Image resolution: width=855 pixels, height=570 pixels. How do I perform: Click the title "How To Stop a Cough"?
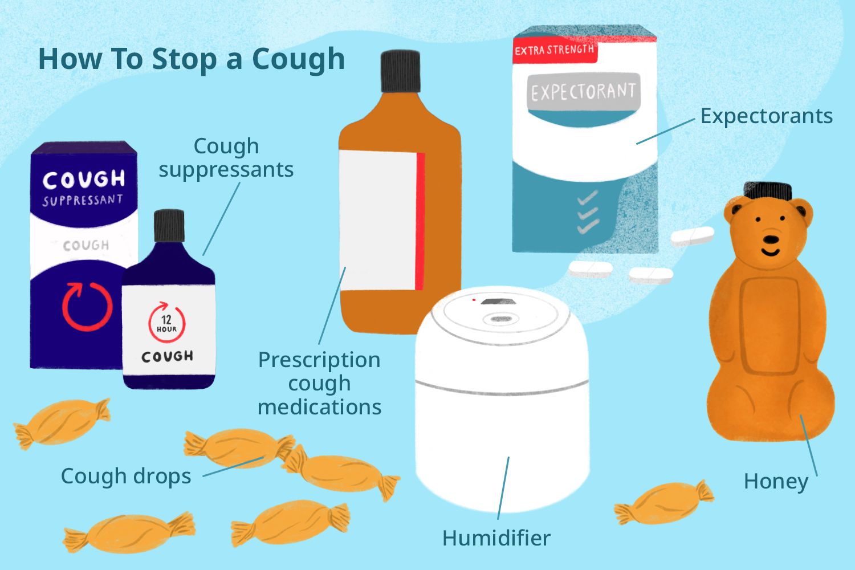[x=191, y=59]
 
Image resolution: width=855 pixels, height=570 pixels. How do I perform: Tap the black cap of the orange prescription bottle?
[x=400, y=71]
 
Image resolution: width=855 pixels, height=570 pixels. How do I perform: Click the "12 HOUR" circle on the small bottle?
[x=167, y=323]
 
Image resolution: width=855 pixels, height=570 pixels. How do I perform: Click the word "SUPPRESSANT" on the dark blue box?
[x=83, y=200]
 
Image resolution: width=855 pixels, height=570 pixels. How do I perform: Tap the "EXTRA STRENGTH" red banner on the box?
[x=554, y=50]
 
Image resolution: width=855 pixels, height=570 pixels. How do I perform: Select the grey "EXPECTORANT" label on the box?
[x=583, y=92]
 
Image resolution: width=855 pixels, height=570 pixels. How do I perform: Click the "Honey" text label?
[x=776, y=482]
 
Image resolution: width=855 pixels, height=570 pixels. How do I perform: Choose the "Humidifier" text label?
[x=496, y=538]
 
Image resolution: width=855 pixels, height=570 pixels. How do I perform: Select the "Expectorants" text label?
[x=766, y=116]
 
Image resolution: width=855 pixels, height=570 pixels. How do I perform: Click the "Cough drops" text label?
[x=126, y=476]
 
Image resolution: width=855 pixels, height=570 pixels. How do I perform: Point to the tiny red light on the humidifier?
[x=474, y=299]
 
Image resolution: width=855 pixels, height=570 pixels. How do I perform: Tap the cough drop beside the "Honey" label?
[x=664, y=502]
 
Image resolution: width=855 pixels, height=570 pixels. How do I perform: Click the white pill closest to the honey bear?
[x=692, y=236]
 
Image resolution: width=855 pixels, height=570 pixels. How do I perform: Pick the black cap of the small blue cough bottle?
[x=169, y=226]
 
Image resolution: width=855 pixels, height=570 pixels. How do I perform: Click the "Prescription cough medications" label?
[x=319, y=383]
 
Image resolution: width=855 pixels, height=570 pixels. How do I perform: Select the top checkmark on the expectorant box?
[x=587, y=198]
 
